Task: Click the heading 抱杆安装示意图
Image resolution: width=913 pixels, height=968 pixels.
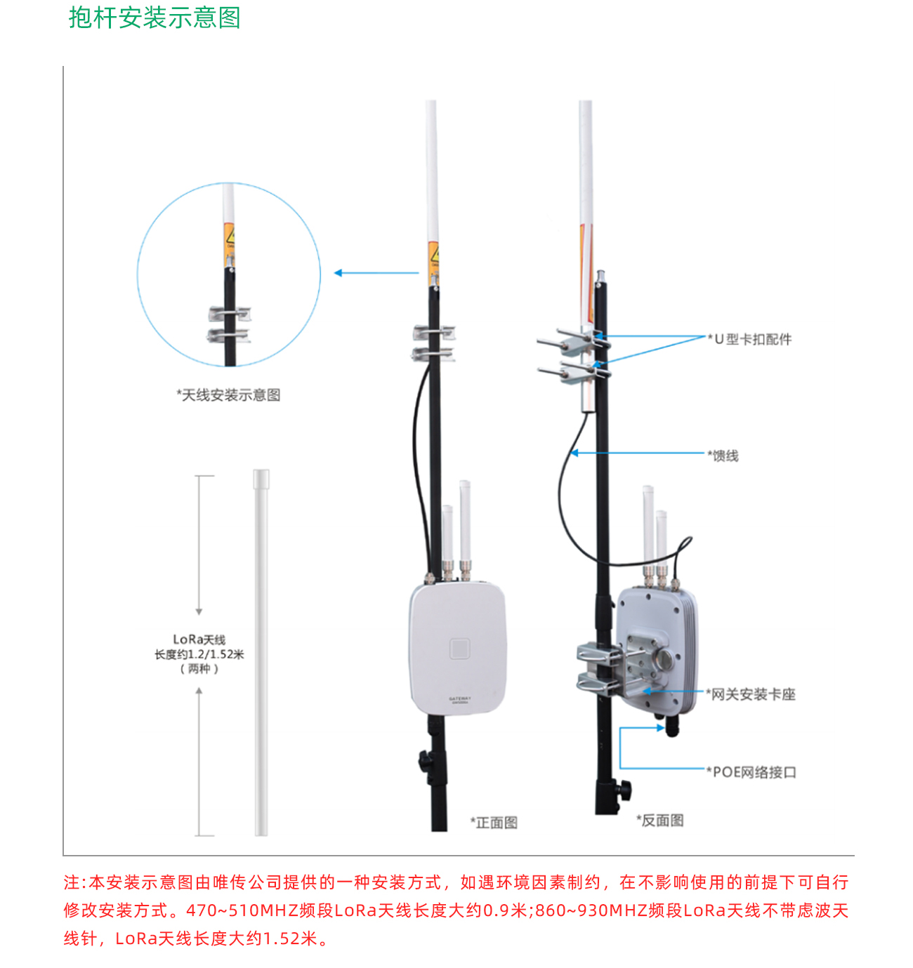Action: click(155, 18)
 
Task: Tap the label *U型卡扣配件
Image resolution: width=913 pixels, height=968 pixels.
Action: click(750, 340)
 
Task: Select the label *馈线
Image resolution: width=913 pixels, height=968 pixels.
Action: click(723, 456)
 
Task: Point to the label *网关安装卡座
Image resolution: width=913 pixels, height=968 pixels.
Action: click(751, 695)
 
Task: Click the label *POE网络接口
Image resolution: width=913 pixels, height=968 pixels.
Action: click(752, 773)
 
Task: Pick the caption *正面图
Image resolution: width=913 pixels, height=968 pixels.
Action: click(494, 823)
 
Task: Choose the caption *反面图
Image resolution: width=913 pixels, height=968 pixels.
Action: click(660, 821)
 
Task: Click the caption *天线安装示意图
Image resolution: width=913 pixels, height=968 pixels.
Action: click(228, 395)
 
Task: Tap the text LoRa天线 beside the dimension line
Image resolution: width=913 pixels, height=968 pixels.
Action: click(199, 639)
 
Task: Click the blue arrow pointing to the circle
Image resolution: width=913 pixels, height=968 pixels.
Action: click(376, 273)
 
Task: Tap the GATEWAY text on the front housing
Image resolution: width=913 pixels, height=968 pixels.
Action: click(460, 699)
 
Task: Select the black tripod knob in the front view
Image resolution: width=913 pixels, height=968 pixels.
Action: click(424, 760)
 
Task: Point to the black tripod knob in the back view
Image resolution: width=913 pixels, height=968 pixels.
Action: click(623, 789)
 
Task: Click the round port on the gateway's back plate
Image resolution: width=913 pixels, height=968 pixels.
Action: click(662, 659)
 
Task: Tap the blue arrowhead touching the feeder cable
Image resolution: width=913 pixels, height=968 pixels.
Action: click(574, 453)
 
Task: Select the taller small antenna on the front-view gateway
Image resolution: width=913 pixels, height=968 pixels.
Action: click(464, 519)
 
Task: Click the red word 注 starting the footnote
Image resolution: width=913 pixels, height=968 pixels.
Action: click(72, 882)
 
